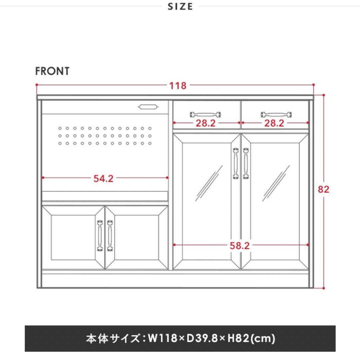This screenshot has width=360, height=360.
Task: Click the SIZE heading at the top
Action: pos(180,6)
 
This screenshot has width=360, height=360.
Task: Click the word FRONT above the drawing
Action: pos(52,71)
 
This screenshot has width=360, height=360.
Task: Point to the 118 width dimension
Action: pos(178,86)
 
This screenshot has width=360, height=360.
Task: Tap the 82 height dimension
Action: pos(323,189)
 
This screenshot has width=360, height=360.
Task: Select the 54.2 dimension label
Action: pos(104,179)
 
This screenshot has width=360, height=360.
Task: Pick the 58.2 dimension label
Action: pos(239,246)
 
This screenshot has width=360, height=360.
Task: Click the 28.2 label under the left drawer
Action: pos(205,123)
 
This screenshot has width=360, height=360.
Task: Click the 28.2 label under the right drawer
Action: pos(274,123)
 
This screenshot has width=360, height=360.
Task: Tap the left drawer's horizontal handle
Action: pos(205,114)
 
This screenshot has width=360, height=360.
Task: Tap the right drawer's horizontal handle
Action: pos(276,114)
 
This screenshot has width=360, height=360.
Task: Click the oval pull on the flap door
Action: pos(148,107)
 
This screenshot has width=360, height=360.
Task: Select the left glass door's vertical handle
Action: pos(236,163)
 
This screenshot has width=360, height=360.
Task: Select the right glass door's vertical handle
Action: pos(246,163)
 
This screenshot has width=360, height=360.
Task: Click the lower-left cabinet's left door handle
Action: pos(100,236)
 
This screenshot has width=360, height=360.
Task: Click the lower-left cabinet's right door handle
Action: pos(110,236)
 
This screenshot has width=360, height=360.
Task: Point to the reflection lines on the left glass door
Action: pos(209,183)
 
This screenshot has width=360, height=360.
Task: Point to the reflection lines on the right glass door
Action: pos(276,183)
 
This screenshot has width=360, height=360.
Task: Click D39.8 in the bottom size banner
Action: pos(202,338)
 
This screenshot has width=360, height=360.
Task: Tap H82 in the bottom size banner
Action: pos(238,338)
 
